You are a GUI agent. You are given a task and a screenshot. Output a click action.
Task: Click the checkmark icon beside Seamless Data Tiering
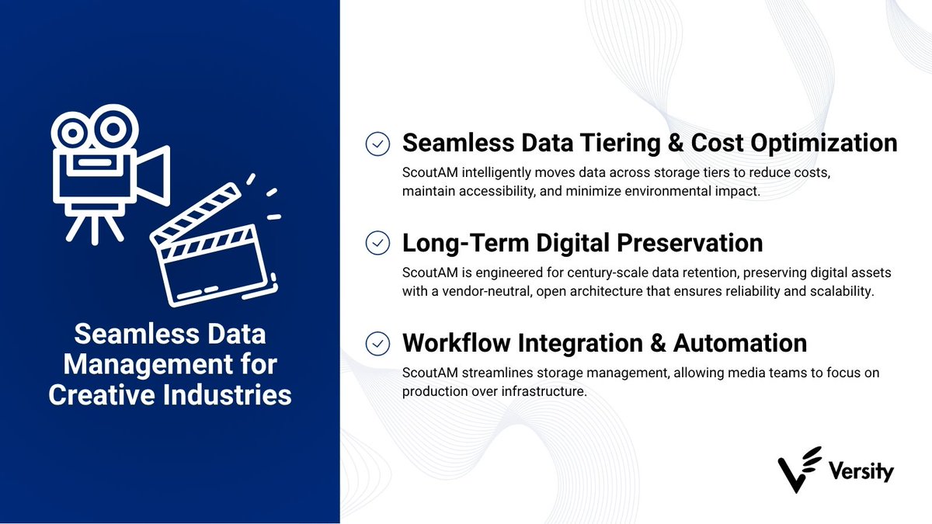(377, 144)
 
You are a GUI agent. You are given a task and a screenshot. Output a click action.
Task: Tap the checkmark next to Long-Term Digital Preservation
(377, 243)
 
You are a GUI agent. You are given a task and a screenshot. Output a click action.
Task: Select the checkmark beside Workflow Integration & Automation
(377, 342)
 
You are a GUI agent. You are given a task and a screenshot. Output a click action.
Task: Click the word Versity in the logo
(861, 471)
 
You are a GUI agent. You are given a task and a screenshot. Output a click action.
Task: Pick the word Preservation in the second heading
(690, 243)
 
